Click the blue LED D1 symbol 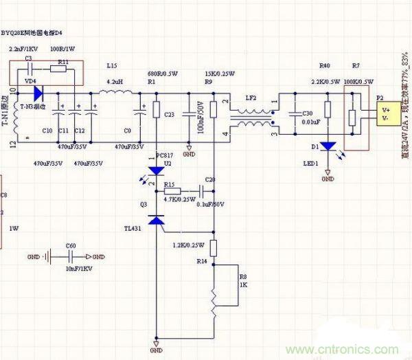coord(329,146)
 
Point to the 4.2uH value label coord(115,81)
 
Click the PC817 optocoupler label coord(165,155)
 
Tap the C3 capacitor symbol coord(28,69)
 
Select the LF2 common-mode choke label coord(251,98)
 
